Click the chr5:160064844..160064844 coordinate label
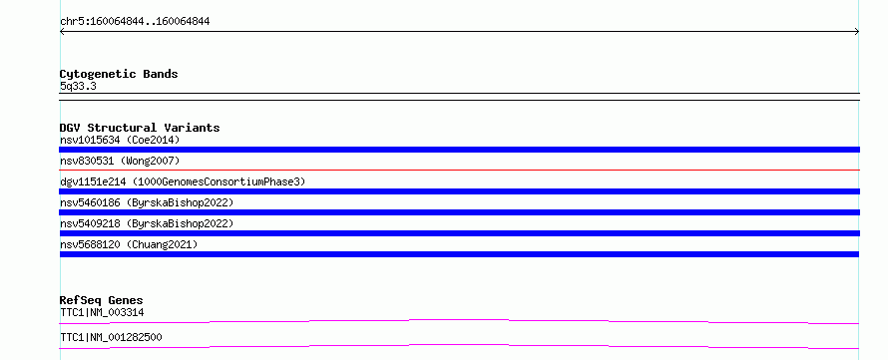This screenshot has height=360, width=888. click(x=135, y=22)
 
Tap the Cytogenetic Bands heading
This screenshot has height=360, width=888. click(x=119, y=74)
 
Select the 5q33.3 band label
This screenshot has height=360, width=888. click(x=78, y=87)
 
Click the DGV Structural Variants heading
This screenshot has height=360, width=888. click(x=140, y=128)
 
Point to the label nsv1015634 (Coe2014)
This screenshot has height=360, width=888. click(x=120, y=140)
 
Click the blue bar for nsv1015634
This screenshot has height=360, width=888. click(x=459, y=150)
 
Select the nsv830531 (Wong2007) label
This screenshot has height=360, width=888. click(x=120, y=161)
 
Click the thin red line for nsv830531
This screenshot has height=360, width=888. click(x=459, y=170)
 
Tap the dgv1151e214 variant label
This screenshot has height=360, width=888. click(x=183, y=181)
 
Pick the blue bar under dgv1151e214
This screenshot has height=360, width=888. click(x=459, y=191)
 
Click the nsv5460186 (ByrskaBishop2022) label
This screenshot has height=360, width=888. click(x=147, y=202)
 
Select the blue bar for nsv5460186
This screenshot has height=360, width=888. click(x=459, y=212)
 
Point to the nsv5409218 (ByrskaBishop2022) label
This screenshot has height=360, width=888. click(x=147, y=223)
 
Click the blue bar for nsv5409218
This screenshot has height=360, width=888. click(x=459, y=233)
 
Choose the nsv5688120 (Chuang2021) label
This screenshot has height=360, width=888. click(x=129, y=244)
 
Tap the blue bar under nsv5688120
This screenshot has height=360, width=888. click(x=459, y=254)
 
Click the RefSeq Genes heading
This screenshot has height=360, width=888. click(x=102, y=300)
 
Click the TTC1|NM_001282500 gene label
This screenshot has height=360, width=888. click(x=111, y=337)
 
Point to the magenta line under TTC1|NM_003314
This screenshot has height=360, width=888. click(x=459, y=320)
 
